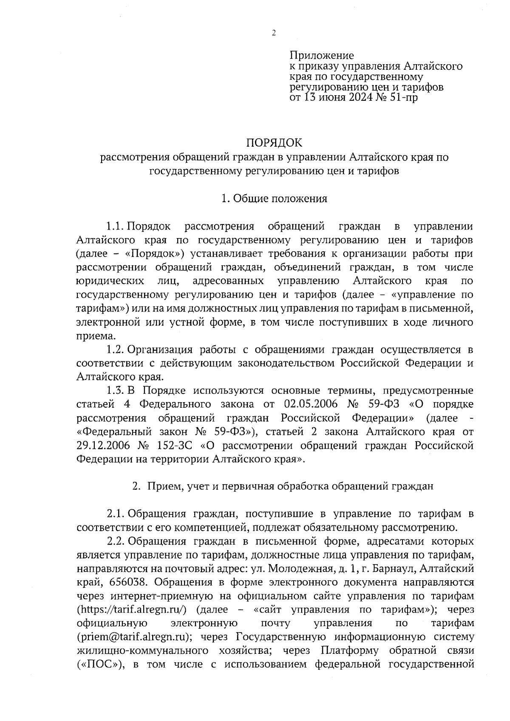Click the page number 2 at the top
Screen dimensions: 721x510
[274, 33]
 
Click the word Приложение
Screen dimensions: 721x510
[321, 55]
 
